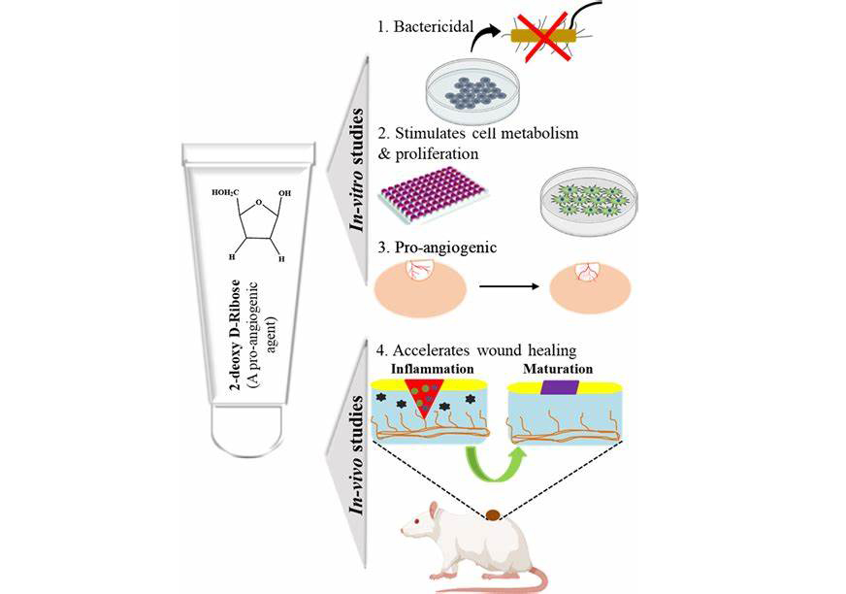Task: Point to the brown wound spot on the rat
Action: (x=494, y=516)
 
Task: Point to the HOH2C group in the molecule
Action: (x=226, y=193)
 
